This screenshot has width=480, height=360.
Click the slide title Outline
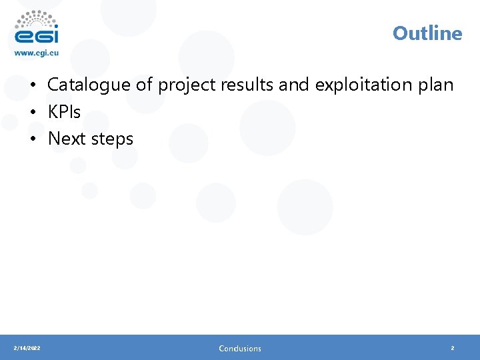coord(427,33)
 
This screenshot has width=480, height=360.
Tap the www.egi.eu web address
coord(37,54)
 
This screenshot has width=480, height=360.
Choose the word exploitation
coord(363,85)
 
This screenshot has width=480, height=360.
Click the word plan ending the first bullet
coord(435,85)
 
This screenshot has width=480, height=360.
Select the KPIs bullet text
coord(64,112)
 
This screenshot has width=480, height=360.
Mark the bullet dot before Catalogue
coord(32,86)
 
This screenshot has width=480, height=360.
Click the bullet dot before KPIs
coord(32,113)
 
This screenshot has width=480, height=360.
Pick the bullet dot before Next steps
coord(32,139)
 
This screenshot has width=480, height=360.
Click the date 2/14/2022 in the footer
coord(27,348)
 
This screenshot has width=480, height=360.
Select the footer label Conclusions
coord(240,348)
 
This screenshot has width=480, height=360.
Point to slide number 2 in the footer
coord(452,348)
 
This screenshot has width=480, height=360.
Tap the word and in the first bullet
coord(293,85)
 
